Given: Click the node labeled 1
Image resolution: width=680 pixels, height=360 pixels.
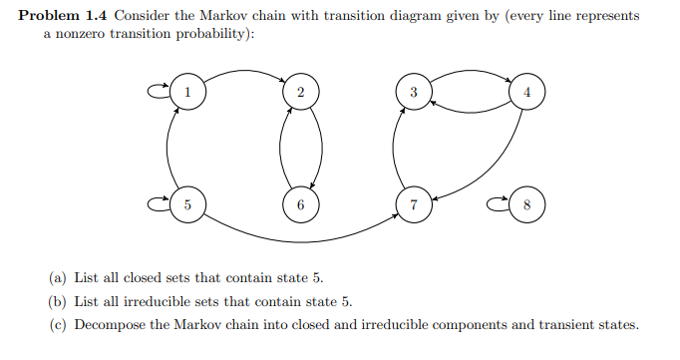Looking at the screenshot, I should click(x=186, y=92).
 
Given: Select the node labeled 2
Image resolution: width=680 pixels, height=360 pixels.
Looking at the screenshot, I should click(x=300, y=92).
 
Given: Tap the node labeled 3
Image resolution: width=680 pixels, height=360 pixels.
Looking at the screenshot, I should click(x=414, y=92).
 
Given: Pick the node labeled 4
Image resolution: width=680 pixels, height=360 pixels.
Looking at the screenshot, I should click(x=527, y=92).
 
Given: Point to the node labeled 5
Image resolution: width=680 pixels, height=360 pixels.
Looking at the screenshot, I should click(x=186, y=205).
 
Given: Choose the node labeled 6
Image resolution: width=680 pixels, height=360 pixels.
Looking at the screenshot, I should click(x=300, y=205).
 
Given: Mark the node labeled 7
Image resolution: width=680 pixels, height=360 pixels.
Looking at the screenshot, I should click(x=414, y=205).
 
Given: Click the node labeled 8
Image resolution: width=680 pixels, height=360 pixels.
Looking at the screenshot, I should click(x=527, y=205).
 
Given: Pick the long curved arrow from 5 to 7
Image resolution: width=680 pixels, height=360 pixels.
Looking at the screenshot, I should click(x=299, y=238).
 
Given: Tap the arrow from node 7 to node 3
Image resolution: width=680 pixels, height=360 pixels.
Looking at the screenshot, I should click(x=396, y=149).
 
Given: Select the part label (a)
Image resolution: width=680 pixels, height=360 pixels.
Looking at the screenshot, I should click(x=59, y=277).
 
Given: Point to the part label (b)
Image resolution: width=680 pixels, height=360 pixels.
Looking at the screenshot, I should click(x=59, y=301).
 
